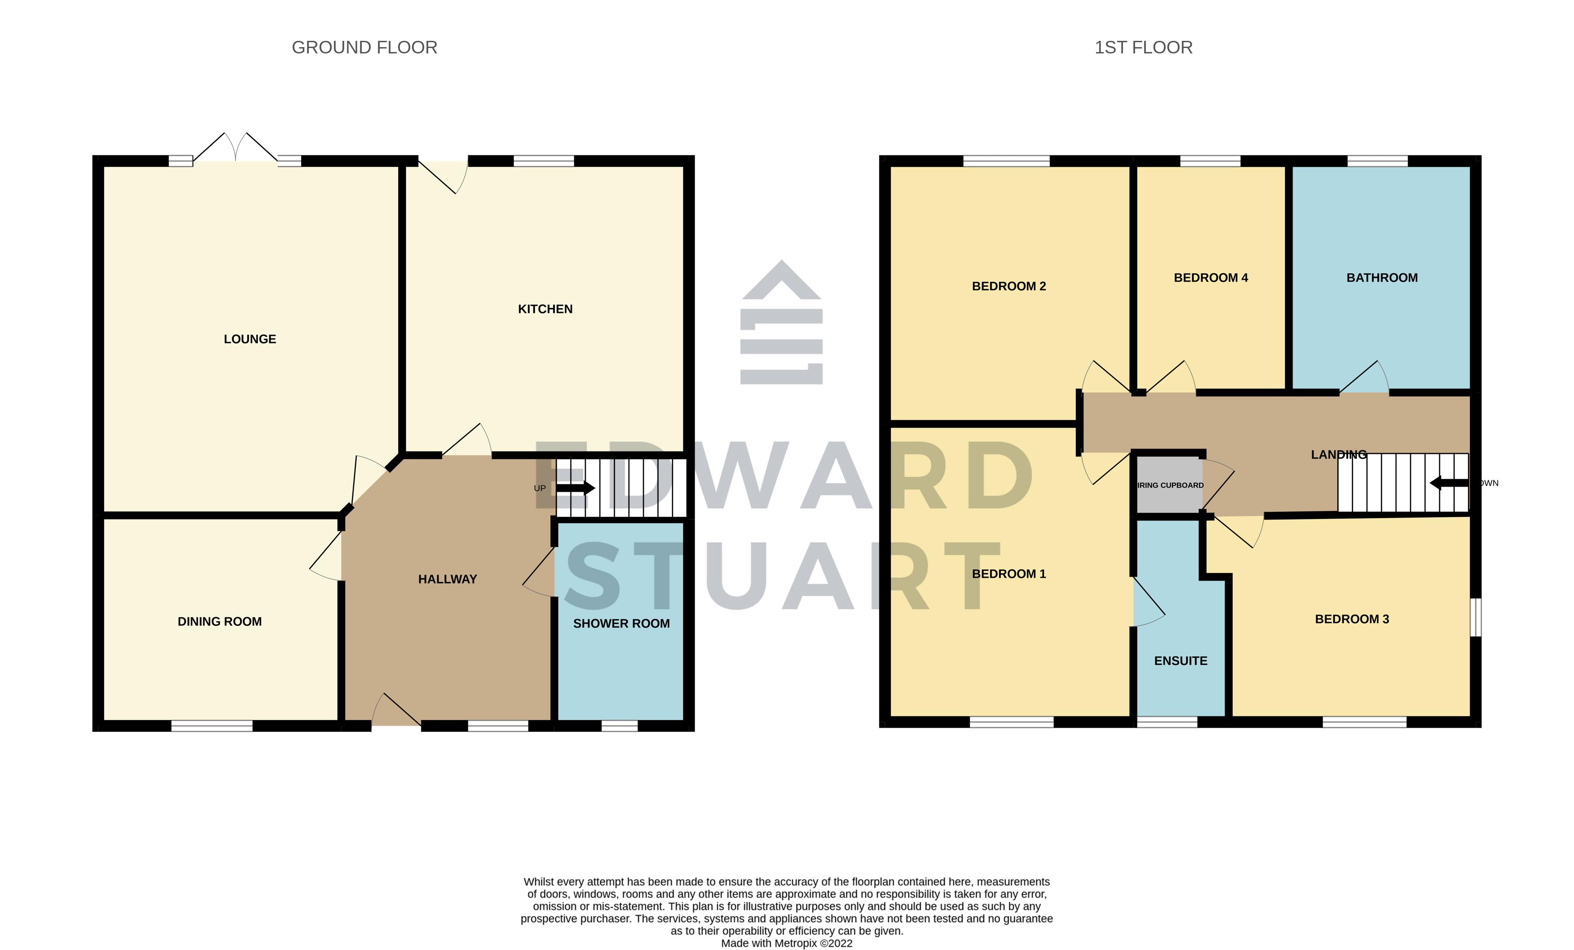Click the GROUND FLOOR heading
(364, 47)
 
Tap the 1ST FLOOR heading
(1143, 47)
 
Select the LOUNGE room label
(250, 339)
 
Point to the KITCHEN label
(545, 309)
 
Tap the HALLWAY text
(447, 580)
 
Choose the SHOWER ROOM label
(621, 624)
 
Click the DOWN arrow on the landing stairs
(1449, 483)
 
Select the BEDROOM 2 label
(1008, 286)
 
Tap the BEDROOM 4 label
(1210, 278)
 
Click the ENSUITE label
(1180, 661)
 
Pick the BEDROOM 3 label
(1352, 619)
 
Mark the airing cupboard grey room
(1169, 485)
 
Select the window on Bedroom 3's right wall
(1475, 617)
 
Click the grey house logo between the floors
(781, 323)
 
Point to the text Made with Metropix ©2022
(786, 943)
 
